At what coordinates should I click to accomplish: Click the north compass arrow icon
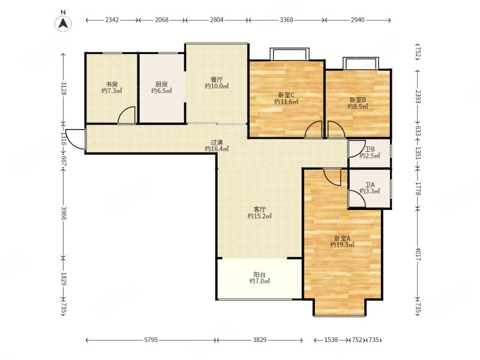[64, 23]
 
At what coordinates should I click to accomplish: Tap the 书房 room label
[112, 84]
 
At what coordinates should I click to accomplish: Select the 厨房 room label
[161, 84]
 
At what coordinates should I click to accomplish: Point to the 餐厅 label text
[217, 80]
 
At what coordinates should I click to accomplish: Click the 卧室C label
[286, 95]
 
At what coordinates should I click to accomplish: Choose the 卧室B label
[358, 100]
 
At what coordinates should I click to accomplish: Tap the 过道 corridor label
[217, 142]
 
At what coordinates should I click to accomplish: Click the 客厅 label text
[260, 209]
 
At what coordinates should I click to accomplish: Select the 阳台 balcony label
[260, 275]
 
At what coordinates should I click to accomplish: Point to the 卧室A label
[342, 238]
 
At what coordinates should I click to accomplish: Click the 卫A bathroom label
[370, 185]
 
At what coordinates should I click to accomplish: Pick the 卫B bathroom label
[370, 149]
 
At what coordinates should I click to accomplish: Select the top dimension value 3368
[287, 20]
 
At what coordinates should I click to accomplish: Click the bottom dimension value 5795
[151, 340]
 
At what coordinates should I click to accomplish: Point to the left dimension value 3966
[64, 213]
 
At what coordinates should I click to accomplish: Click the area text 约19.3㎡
[342, 245]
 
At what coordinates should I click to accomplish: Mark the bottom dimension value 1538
[331, 340]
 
